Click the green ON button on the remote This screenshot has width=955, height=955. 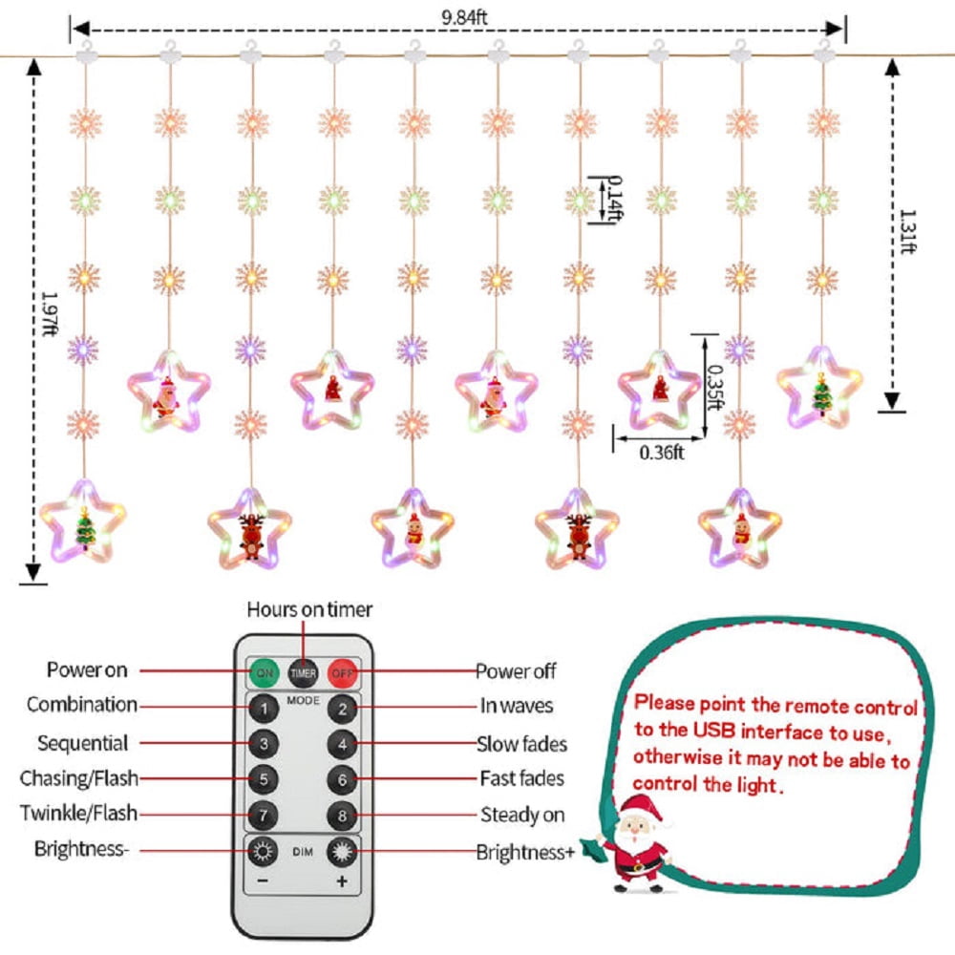pyautogui.click(x=265, y=673)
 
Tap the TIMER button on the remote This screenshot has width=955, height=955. pyautogui.click(x=304, y=673)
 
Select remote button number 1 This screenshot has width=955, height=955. pyautogui.click(x=264, y=709)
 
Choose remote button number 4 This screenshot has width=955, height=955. pyautogui.click(x=342, y=744)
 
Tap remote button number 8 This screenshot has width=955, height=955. pyautogui.click(x=342, y=816)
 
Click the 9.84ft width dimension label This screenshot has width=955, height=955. pyautogui.click(x=464, y=16)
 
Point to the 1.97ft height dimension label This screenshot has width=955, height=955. pyautogui.click(x=50, y=313)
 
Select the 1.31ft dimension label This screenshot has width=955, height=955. pyautogui.click(x=907, y=231)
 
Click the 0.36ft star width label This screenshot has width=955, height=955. pyautogui.click(x=662, y=453)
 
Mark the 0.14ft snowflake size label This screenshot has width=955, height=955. pyautogui.click(x=614, y=200)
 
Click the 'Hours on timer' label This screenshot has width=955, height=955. pyautogui.click(x=309, y=609)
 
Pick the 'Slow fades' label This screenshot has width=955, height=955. pyautogui.click(x=522, y=744)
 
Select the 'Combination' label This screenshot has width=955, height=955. pyautogui.click(x=82, y=705)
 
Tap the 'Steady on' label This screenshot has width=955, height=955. pyautogui.click(x=522, y=815)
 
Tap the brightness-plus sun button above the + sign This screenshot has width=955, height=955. pyautogui.click(x=342, y=852)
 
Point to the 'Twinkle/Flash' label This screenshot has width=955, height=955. pyautogui.click(x=78, y=813)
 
